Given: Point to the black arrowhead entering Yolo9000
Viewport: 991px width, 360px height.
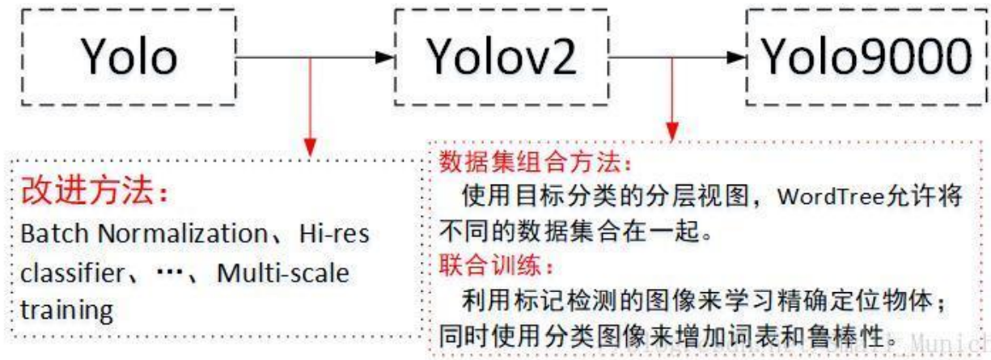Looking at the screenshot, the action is click(735, 57).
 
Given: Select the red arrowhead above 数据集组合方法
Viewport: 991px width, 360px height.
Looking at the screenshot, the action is click(669, 129).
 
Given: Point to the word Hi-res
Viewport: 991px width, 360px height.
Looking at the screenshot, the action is click(333, 235).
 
